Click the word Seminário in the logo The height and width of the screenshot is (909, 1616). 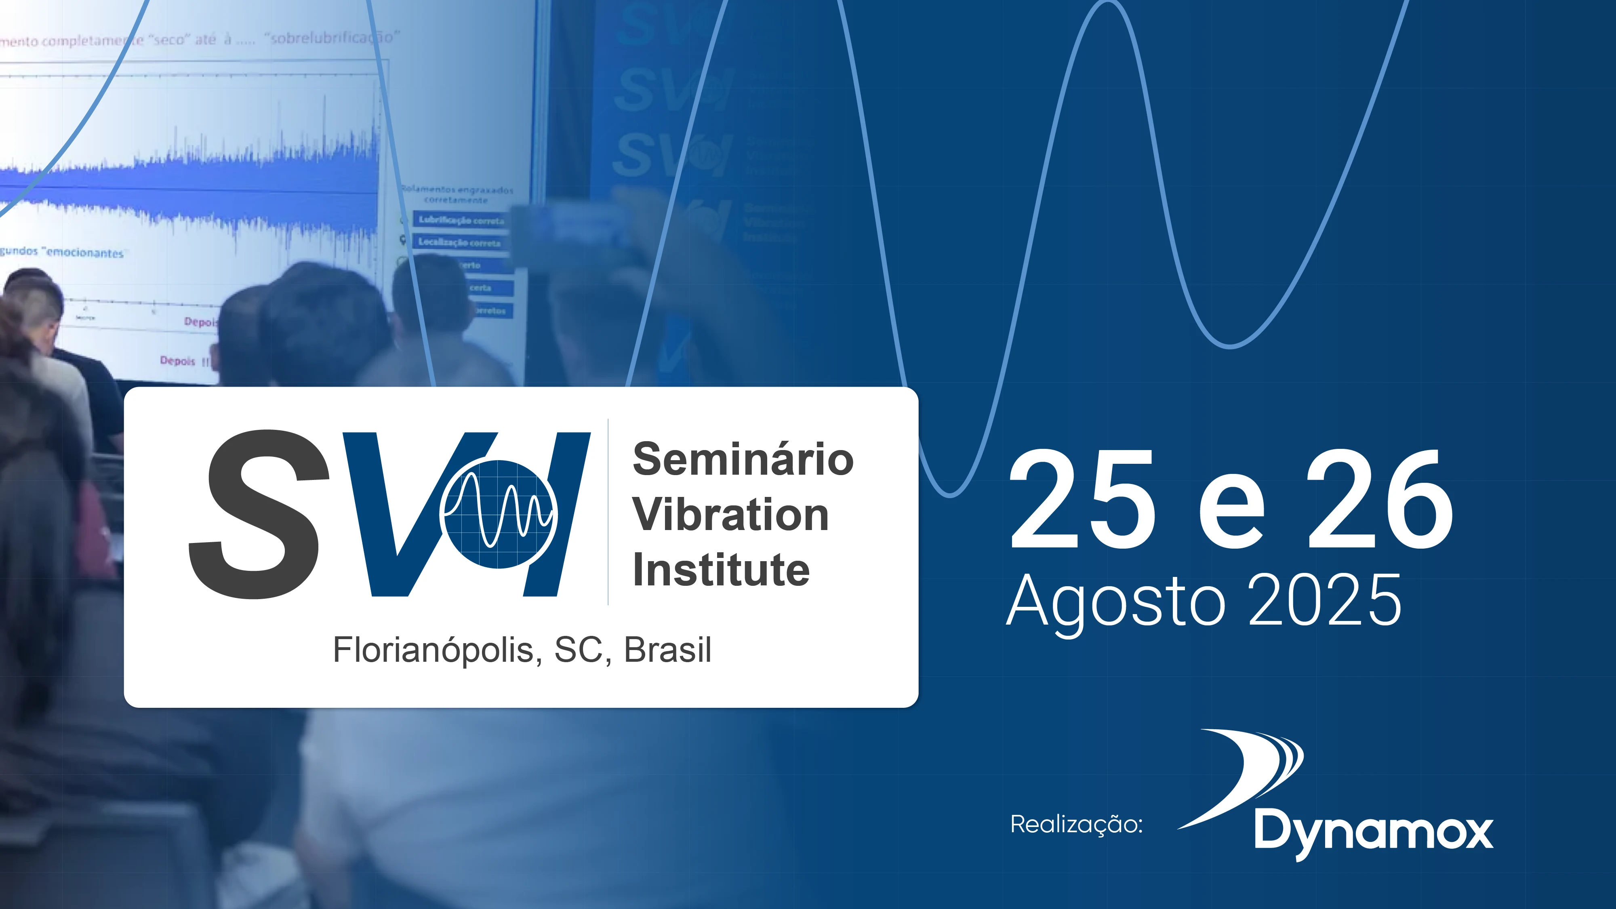click(743, 459)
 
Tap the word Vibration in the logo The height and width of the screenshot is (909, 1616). click(730, 514)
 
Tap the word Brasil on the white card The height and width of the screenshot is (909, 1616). click(667, 650)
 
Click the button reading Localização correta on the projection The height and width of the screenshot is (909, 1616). click(460, 242)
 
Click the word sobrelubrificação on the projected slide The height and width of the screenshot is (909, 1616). click(332, 38)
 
